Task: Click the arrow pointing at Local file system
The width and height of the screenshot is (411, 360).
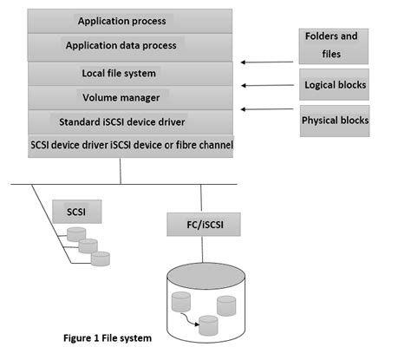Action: [264, 62]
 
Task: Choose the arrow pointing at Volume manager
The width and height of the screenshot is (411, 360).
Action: [264, 86]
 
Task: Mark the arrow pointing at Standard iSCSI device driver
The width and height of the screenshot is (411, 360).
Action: [264, 109]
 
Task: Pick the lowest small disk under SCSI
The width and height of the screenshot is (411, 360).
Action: [101, 258]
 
